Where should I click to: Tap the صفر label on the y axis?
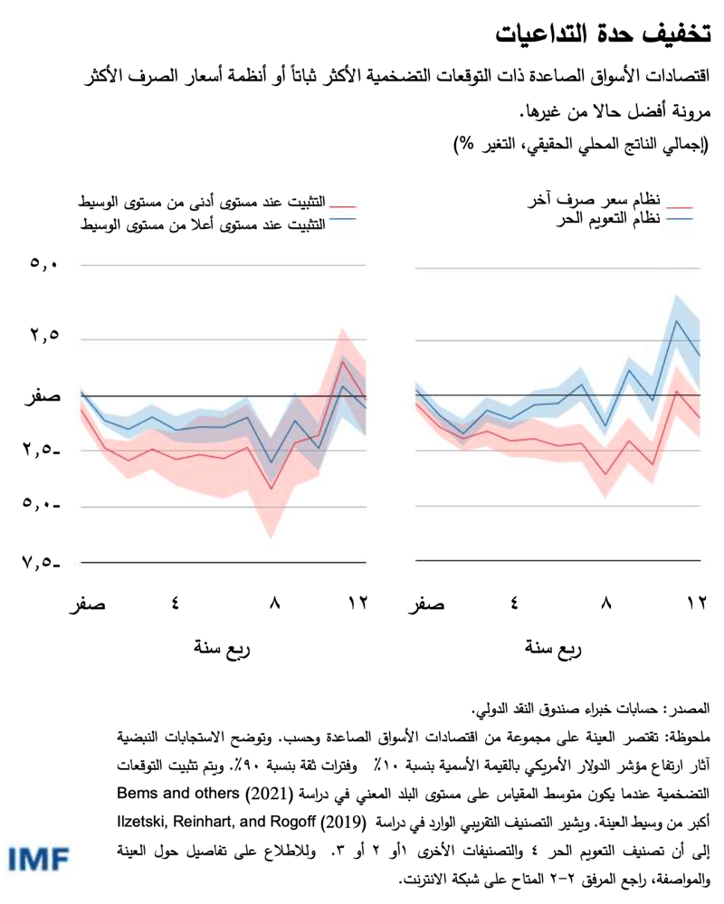point(40,395)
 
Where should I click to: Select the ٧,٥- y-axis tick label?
point(40,563)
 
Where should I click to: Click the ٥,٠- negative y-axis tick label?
point(40,506)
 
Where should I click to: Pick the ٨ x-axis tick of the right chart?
point(608,604)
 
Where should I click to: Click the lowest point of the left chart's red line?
point(271,490)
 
